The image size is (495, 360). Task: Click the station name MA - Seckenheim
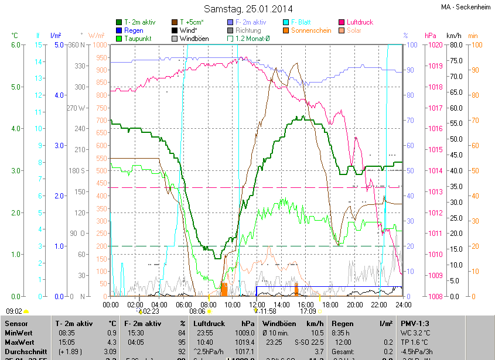466,7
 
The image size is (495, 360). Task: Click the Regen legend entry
134,30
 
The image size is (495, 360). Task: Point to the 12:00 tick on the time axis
257,304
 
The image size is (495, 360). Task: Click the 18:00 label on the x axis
330,304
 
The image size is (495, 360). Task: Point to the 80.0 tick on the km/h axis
455,45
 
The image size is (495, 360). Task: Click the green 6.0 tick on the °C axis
16,45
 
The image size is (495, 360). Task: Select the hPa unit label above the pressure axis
431,35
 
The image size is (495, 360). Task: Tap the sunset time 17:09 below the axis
308,311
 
